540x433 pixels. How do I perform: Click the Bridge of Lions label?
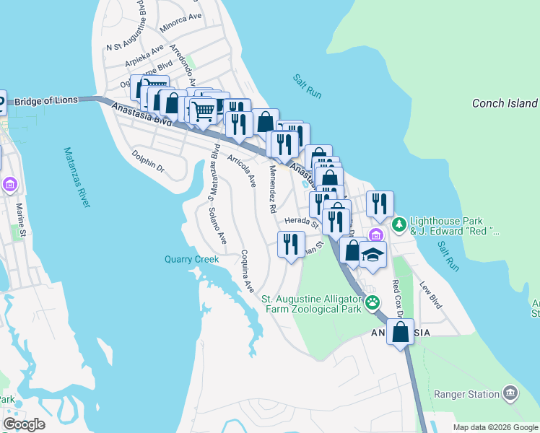45,101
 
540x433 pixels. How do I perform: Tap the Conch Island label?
505,103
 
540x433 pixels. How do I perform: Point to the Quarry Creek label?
191,259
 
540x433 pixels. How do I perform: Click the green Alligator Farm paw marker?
373,302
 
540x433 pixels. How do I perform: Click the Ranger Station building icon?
510,393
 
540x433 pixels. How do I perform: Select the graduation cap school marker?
373,255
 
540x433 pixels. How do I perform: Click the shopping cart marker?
204,110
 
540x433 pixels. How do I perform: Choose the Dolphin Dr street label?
149,160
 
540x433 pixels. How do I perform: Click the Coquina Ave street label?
248,271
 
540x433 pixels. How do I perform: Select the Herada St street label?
301,223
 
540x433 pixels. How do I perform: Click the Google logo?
24,424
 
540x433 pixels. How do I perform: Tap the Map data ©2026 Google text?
495,427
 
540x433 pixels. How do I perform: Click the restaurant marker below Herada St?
290,244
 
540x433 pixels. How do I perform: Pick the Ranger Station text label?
466,394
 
